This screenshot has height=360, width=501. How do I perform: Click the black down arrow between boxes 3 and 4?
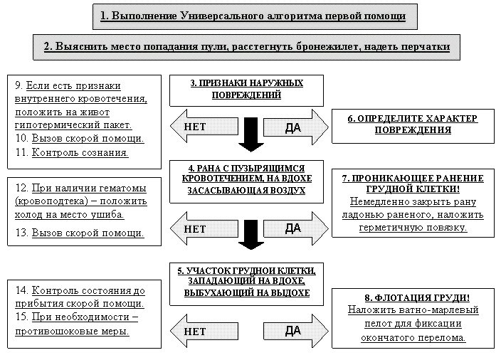pyautogui.click(x=250, y=134)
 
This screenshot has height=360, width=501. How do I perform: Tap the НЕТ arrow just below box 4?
pyautogui.click(x=199, y=228)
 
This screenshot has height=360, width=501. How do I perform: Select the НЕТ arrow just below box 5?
pyautogui.click(x=199, y=331)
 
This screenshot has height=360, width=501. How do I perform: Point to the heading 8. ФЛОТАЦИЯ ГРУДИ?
pyautogui.click(x=413, y=297)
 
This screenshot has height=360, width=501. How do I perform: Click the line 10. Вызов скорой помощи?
pyautogui.click(x=79, y=138)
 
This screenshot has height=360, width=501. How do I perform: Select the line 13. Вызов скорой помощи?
pyautogui.click(x=79, y=233)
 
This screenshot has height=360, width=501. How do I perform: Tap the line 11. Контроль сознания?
pyautogui.click(x=72, y=152)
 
